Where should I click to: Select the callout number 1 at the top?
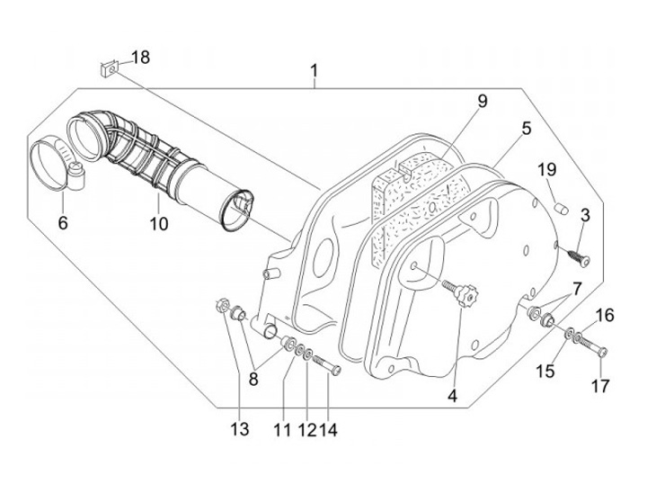coord(315,70)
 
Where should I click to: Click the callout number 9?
coord(482,101)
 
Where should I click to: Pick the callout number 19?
coord(547,171)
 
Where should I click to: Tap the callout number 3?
coord(585,215)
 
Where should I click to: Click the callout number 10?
coord(159,222)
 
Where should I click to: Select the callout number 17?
coord(600,386)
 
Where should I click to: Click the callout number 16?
coord(605,315)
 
